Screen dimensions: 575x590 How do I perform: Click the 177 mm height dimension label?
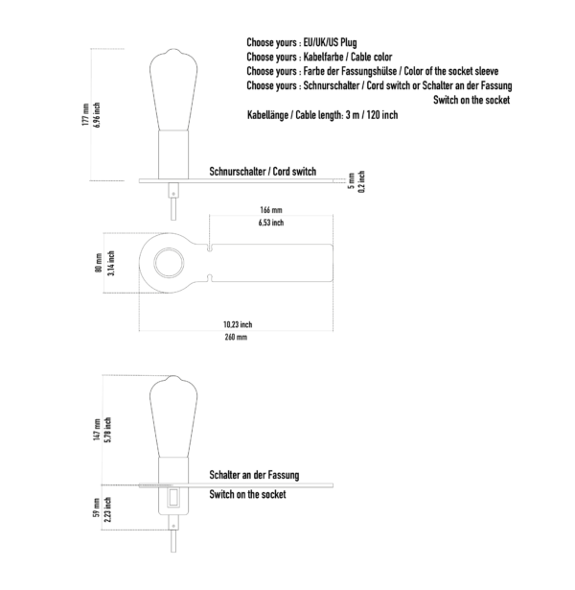click(x=85, y=114)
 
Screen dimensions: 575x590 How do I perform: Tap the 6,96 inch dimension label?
click(x=97, y=115)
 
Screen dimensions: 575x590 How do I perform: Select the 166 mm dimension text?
click(x=270, y=209)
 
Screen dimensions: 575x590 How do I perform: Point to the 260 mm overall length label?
click(x=236, y=337)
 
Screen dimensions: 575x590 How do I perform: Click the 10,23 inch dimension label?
click(x=238, y=324)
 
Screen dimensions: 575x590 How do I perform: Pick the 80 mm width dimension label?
click(x=99, y=263)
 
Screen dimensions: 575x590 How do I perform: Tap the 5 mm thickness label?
click(x=352, y=181)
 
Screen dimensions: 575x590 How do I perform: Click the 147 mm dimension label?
click(x=97, y=430)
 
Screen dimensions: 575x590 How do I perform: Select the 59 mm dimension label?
click(x=97, y=507)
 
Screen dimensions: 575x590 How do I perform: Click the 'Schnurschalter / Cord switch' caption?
click(x=263, y=172)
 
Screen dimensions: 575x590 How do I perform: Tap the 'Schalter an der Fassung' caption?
click(x=254, y=475)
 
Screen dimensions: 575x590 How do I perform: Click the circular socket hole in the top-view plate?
click(x=169, y=263)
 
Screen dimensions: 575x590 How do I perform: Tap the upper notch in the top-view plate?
click(x=209, y=248)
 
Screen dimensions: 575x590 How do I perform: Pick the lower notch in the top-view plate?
click(x=209, y=278)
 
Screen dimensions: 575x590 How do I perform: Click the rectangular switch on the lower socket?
click(x=173, y=498)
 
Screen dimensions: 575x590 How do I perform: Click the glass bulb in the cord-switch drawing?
click(x=173, y=89)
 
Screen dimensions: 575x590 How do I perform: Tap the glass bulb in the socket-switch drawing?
click(x=173, y=416)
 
